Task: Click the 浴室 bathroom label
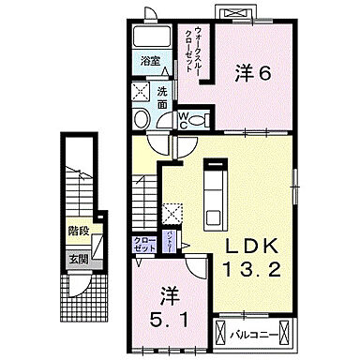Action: (149, 62)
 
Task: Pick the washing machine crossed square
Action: (141, 91)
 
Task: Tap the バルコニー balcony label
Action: (253, 331)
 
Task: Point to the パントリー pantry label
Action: (169, 240)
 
